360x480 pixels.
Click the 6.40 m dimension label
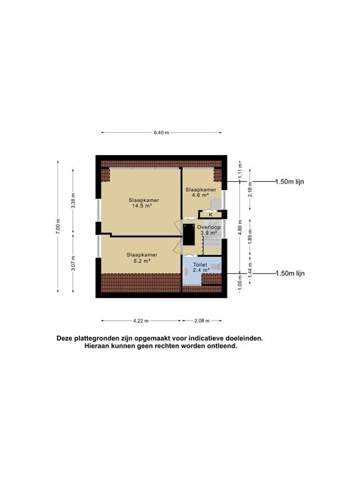pyautogui.click(x=161, y=132)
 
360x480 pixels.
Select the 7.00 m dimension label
pyautogui.click(x=58, y=226)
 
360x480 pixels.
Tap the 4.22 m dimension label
pyautogui.click(x=141, y=321)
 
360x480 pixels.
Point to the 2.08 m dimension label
pyautogui.click(x=202, y=321)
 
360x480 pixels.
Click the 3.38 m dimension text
pyautogui.click(x=73, y=201)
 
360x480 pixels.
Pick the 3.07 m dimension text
pyautogui.click(x=73, y=263)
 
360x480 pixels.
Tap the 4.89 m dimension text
pyautogui.click(x=240, y=227)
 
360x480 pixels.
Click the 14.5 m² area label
pyautogui.click(x=142, y=206)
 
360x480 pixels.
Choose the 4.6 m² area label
pyautogui.click(x=200, y=195)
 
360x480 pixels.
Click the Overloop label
pyautogui.click(x=209, y=227)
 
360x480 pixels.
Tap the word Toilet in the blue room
pyautogui.click(x=200, y=264)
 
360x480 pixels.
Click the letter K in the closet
pyautogui.click(x=211, y=215)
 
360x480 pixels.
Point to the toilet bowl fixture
pyautogui.click(x=217, y=267)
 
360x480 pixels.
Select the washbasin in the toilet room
pyautogui.click(x=186, y=271)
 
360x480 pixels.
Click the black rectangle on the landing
pyautogui.click(x=189, y=234)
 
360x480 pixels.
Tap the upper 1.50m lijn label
pyautogui.click(x=289, y=181)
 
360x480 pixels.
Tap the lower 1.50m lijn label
pyautogui.click(x=290, y=273)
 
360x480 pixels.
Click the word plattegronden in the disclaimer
pyautogui.click(x=94, y=339)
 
